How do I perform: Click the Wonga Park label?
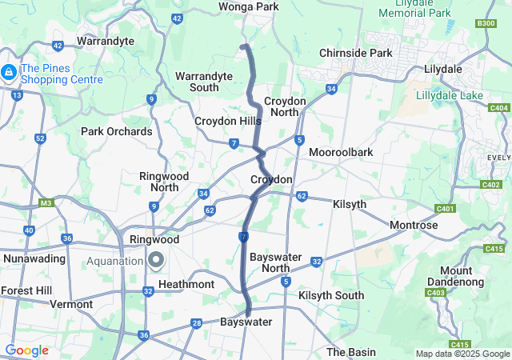click(x=248, y=7)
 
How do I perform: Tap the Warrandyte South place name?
click(x=204, y=81)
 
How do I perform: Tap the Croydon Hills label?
click(x=228, y=121)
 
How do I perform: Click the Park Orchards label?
click(x=116, y=131)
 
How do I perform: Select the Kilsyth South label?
click(x=330, y=296)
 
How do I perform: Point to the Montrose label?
click(x=414, y=226)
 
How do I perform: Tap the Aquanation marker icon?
click(x=155, y=260)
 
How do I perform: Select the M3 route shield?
click(x=46, y=202)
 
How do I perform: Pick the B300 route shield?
click(x=485, y=23)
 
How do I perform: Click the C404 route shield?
click(x=498, y=107)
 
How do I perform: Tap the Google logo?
click(x=26, y=350)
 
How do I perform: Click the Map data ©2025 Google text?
click(x=462, y=354)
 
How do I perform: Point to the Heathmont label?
click(x=186, y=285)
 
